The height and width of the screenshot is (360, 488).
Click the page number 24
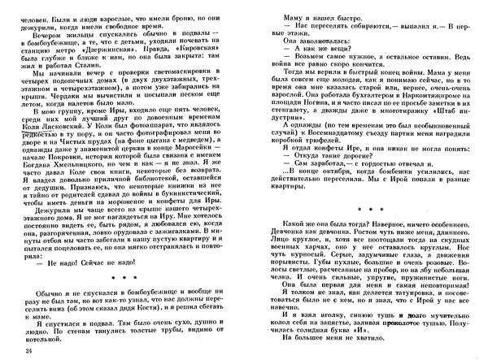point(29,350)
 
